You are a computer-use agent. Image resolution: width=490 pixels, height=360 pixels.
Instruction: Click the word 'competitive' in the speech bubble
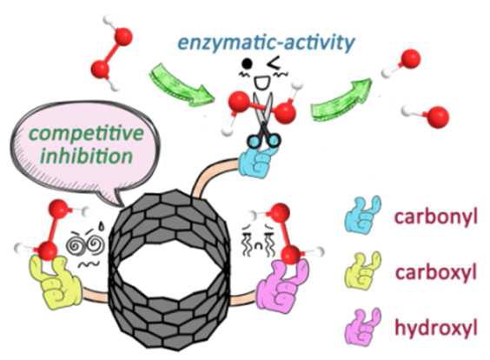(x=86, y=135)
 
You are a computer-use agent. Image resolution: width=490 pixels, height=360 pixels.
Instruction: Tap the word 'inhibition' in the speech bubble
(x=87, y=156)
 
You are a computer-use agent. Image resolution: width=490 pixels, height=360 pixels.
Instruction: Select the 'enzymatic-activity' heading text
(x=266, y=43)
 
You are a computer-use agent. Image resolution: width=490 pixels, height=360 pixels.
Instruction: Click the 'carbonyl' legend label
(x=436, y=217)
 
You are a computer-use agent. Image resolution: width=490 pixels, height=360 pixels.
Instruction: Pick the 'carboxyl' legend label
(x=436, y=272)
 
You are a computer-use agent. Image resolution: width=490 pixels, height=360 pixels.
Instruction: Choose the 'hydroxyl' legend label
(x=436, y=328)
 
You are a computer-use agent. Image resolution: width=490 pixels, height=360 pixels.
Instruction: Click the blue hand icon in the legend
(x=363, y=214)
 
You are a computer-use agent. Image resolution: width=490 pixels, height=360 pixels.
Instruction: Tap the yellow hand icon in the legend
(x=363, y=270)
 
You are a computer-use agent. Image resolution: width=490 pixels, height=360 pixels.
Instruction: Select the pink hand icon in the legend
(x=363, y=327)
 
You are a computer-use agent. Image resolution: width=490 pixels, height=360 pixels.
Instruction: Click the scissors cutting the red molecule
(x=265, y=120)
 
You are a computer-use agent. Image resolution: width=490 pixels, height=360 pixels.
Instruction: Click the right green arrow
(x=341, y=100)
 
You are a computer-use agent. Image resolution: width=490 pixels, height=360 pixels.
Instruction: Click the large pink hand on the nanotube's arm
(x=282, y=284)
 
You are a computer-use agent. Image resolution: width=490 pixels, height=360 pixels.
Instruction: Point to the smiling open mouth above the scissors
(x=260, y=83)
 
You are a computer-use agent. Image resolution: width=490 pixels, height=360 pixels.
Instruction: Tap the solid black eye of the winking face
(x=248, y=63)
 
